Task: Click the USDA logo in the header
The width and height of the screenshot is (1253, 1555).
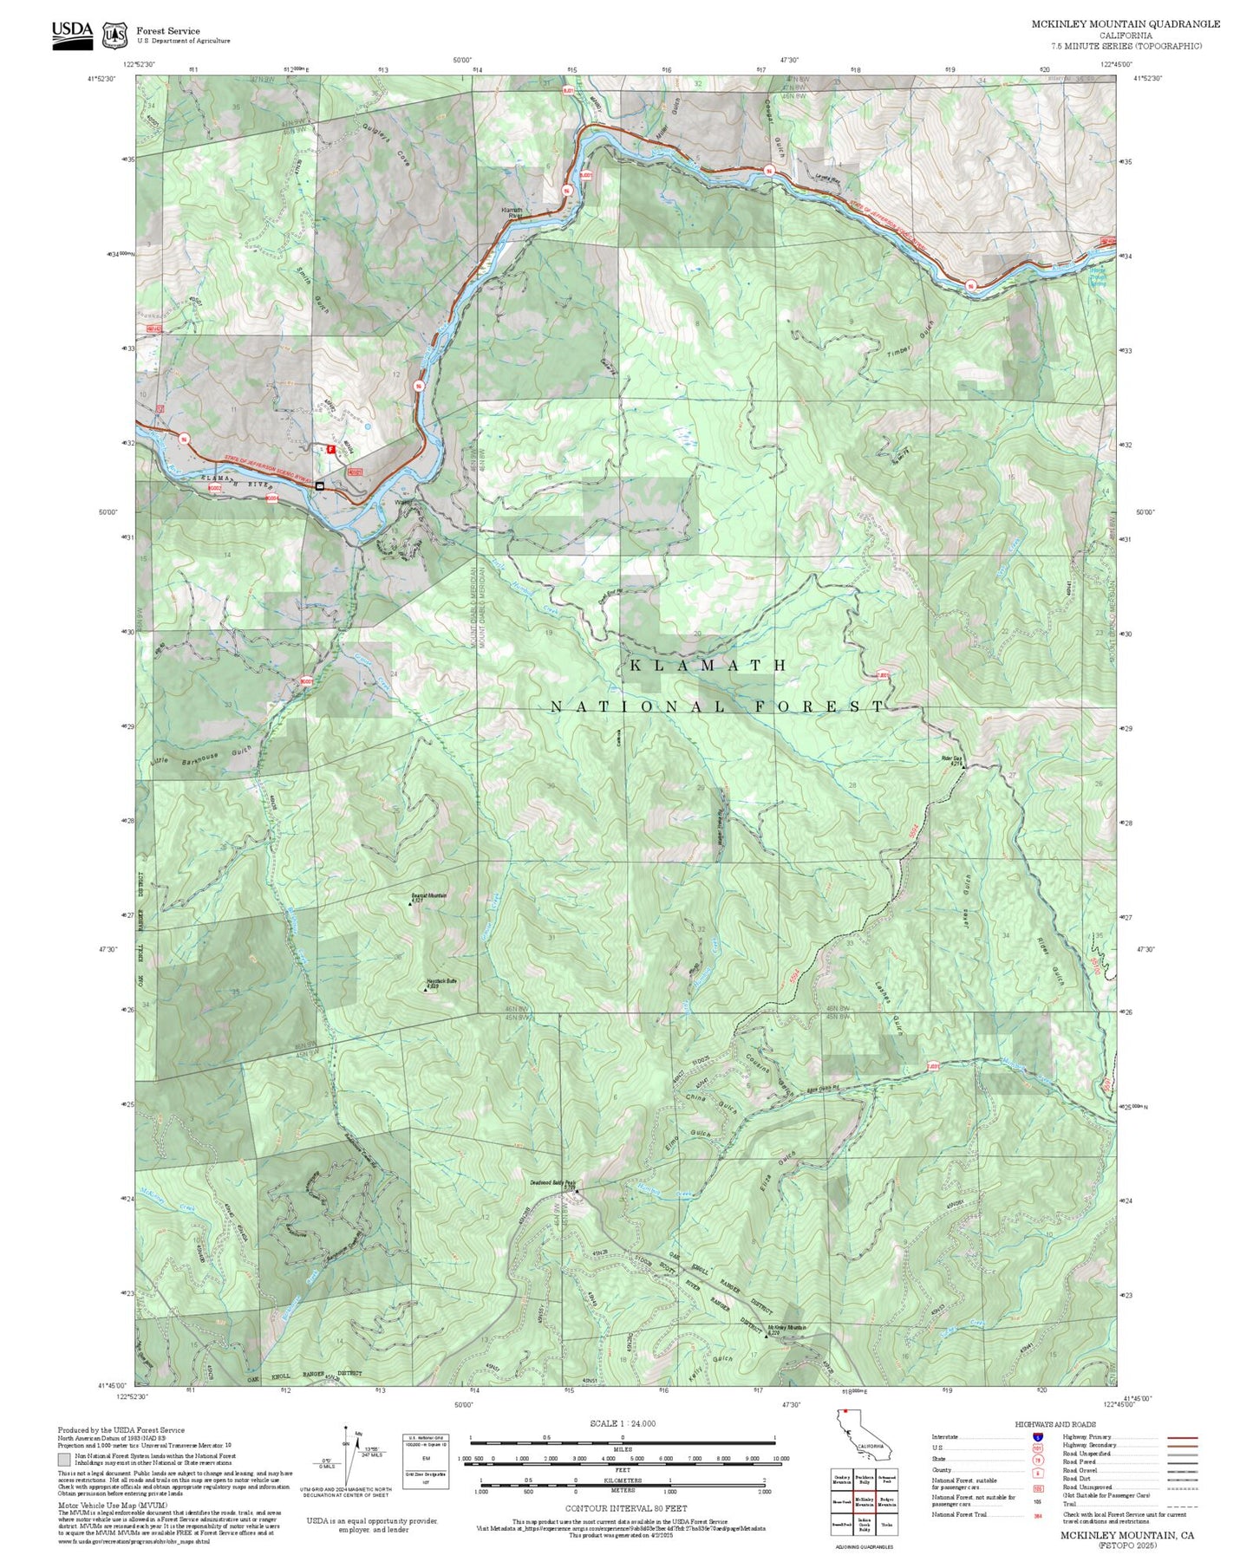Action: point(72,35)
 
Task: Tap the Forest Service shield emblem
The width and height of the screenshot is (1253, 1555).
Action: point(114,36)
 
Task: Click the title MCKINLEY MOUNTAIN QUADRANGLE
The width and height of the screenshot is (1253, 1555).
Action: point(1126,24)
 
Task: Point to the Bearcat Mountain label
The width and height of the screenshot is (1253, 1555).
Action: point(429,896)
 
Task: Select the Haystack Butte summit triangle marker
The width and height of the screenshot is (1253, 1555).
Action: point(426,988)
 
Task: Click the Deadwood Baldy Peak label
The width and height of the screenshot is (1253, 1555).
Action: point(552,1182)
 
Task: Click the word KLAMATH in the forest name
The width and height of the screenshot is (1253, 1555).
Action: point(708,666)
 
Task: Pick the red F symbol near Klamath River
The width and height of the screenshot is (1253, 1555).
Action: point(330,449)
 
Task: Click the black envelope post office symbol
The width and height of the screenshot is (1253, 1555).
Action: point(320,485)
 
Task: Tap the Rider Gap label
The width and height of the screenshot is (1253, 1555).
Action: point(952,759)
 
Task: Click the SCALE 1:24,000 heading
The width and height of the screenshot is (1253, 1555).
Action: point(623,1423)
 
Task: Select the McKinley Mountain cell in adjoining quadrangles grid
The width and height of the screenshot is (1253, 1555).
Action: point(864,1500)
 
